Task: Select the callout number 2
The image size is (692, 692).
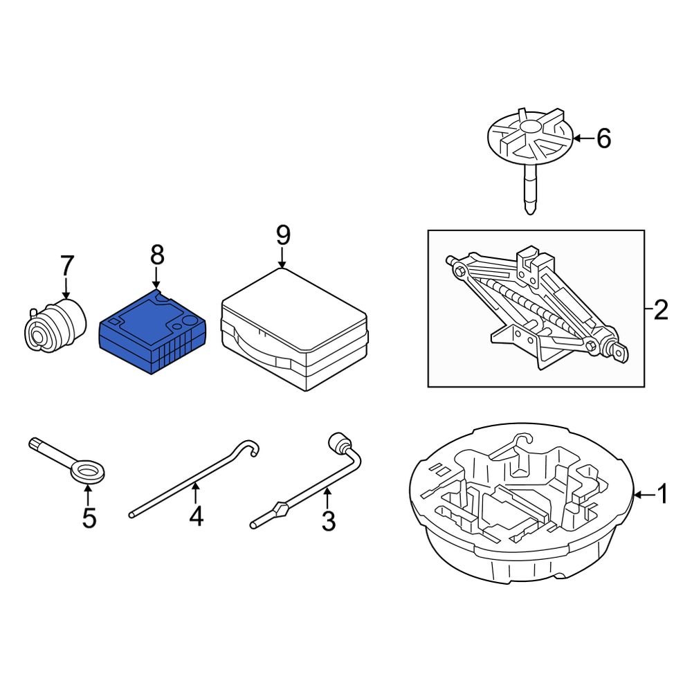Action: pyautogui.click(x=661, y=310)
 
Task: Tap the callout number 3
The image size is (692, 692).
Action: pyautogui.click(x=328, y=520)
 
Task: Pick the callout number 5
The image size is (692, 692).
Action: pyautogui.click(x=89, y=518)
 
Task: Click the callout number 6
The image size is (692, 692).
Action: pyautogui.click(x=603, y=139)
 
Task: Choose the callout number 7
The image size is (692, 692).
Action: pyautogui.click(x=66, y=265)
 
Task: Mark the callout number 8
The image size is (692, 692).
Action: pyautogui.click(x=157, y=255)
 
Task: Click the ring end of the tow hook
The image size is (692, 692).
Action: pyautogui.click(x=89, y=473)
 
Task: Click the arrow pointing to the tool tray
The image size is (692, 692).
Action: pyautogui.click(x=643, y=494)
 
